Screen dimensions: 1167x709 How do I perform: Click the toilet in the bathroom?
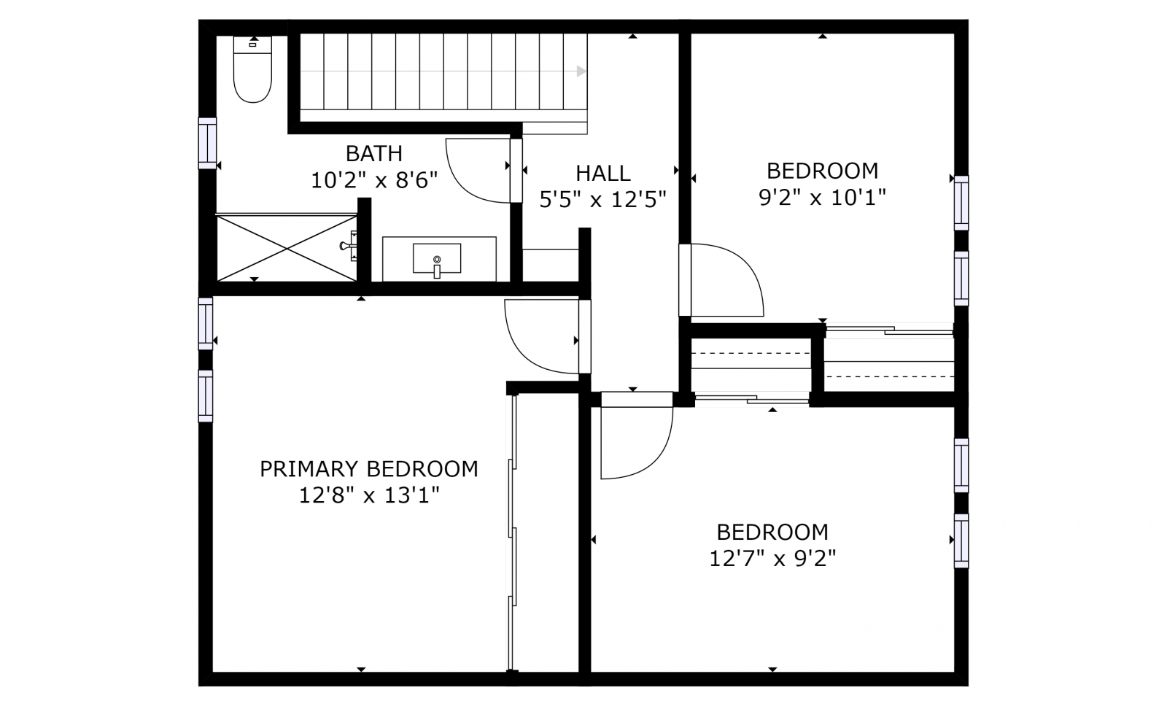252,69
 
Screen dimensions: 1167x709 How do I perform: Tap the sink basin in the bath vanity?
437,258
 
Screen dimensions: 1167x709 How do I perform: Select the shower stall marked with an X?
286,247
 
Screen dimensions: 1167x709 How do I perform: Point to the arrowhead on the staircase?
581,71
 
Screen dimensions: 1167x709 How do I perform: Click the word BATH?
374,154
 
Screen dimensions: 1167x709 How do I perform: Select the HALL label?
602,173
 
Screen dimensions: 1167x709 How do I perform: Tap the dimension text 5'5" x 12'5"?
602,200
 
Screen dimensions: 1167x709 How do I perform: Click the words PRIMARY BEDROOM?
369,469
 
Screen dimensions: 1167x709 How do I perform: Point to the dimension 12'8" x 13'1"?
369,495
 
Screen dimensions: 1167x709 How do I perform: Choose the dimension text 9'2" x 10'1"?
822,198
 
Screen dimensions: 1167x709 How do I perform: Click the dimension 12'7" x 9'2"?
772,559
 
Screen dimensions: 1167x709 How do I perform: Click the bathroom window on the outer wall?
207,143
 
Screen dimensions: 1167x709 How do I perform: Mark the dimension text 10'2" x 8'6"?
374,180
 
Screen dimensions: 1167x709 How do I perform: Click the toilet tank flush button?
252,44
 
